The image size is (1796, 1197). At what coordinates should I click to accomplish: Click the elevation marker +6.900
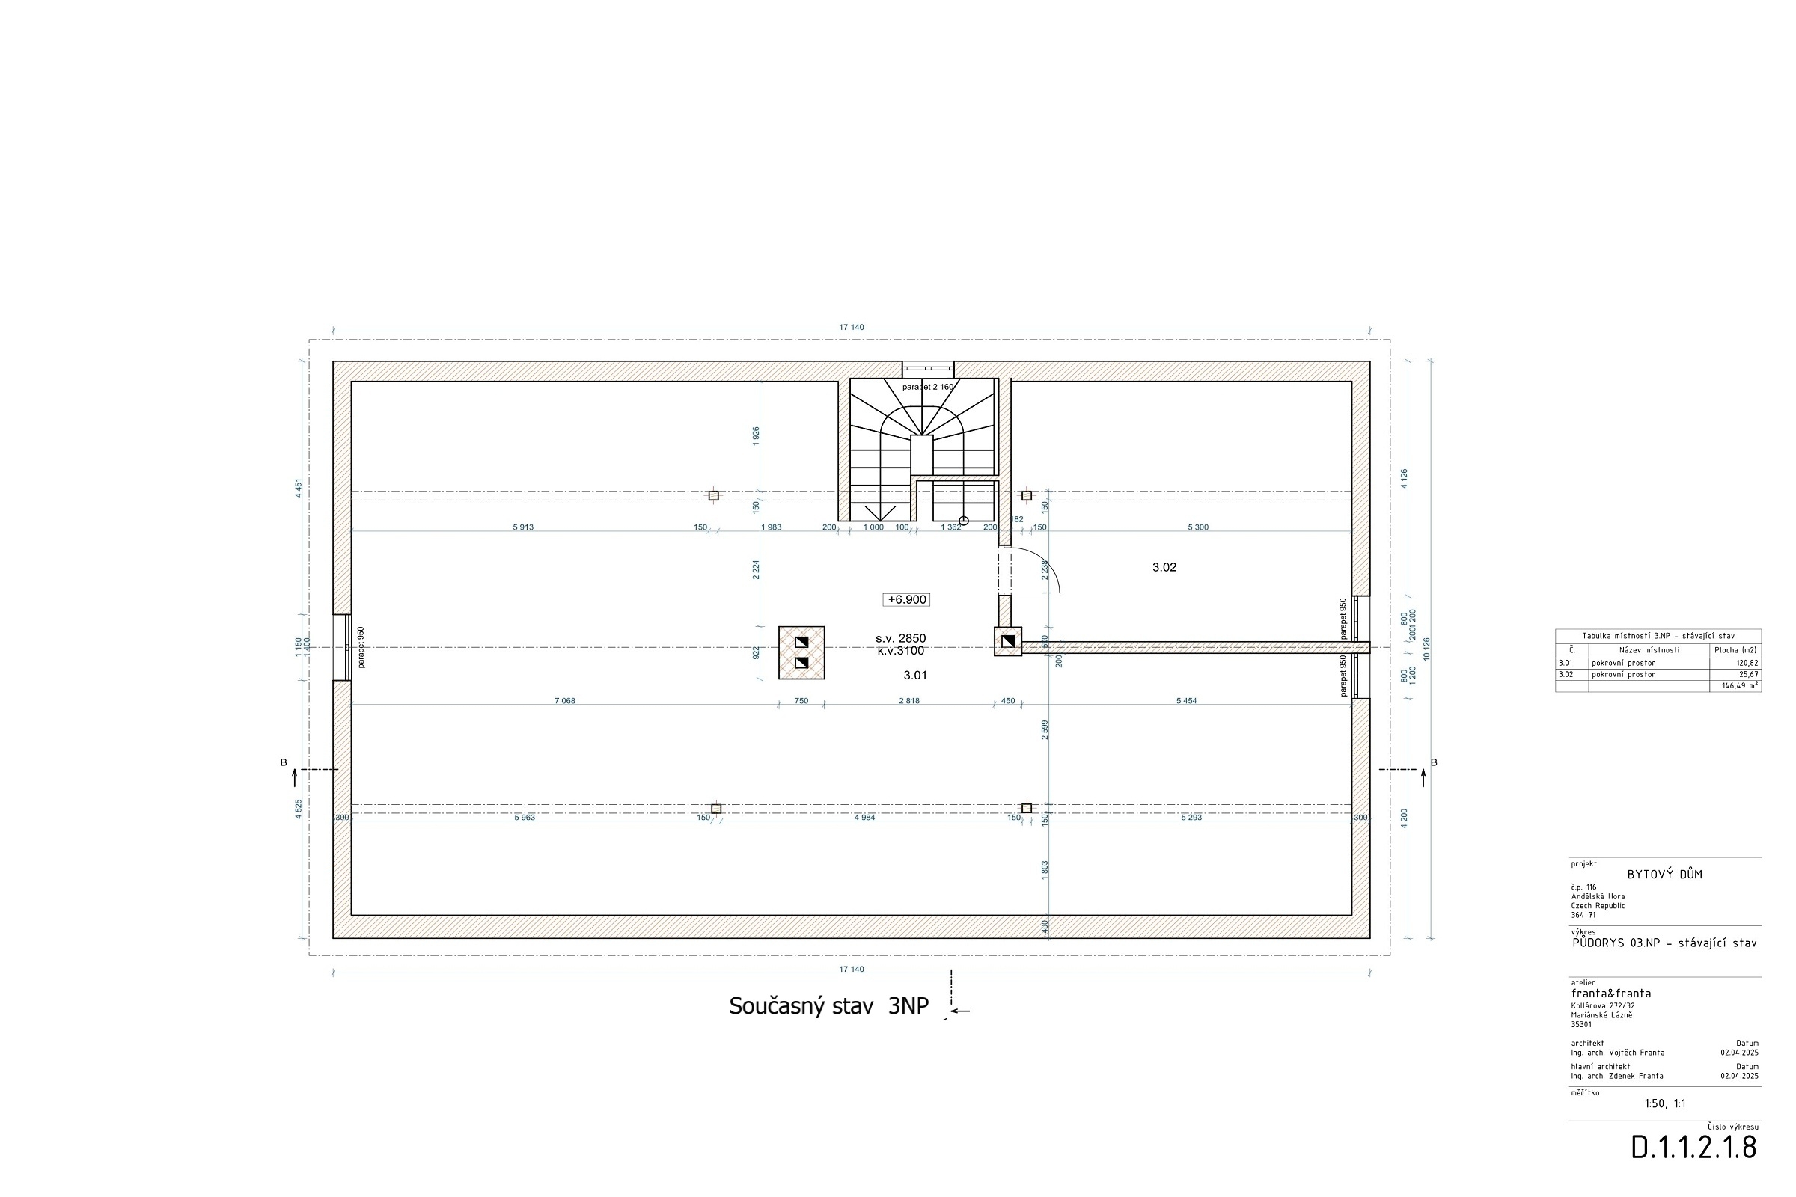point(906,600)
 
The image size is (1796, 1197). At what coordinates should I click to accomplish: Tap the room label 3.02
point(1164,567)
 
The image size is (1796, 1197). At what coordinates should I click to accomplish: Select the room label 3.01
point(914,676)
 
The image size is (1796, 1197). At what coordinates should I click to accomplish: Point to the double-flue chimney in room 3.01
point(801,652)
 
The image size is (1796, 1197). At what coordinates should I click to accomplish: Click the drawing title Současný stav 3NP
point(828,1006)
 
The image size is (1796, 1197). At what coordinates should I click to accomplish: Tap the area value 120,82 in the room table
point(1747,664)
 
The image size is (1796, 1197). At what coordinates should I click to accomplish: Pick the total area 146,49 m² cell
point(1741,685)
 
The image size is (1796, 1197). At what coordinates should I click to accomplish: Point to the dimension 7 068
point(564,701)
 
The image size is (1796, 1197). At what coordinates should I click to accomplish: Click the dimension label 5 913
point(523,527)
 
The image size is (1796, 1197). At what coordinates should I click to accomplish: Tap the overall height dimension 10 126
point(1426,649)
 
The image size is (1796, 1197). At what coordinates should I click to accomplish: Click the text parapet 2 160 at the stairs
point(928,387)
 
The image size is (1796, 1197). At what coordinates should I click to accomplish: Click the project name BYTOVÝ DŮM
point(1664,875)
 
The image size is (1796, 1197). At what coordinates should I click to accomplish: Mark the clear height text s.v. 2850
point(900,638)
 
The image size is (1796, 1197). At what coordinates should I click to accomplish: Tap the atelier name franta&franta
point(1611,994)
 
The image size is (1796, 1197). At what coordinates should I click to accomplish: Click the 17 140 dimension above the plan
point(852,328)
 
